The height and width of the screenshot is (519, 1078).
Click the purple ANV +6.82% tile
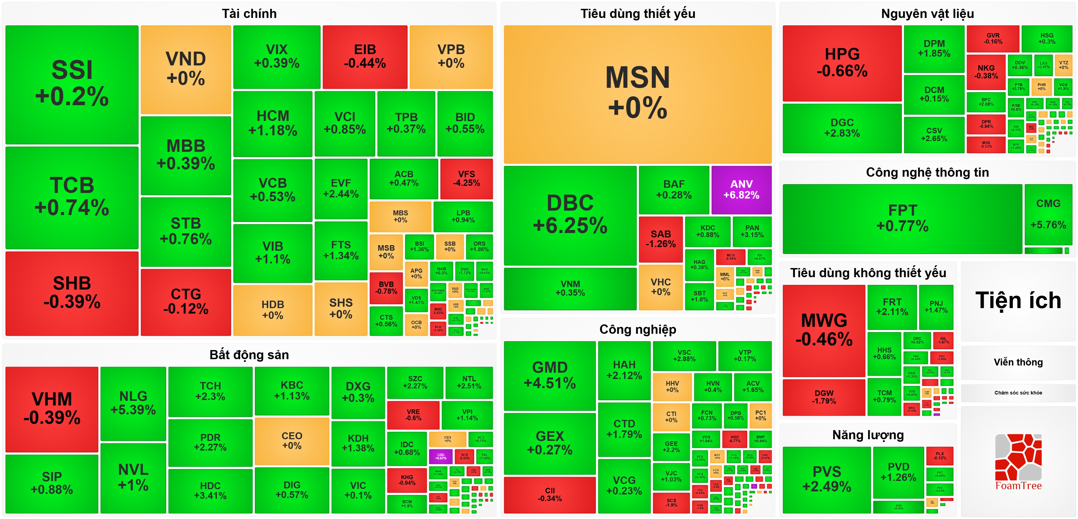tap(741, 190)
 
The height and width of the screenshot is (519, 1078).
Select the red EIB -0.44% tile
tap(365, 57)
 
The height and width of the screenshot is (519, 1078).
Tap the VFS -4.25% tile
tap(466, 179)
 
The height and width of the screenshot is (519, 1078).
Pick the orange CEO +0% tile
tap(292, 441)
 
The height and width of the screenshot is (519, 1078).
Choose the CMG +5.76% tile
tap(1048, 214)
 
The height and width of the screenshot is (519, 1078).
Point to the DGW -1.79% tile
tap(824, 397)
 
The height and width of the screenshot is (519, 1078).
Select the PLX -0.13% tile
tap(939, 456)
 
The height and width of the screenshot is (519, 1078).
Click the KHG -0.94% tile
tap(407, 480)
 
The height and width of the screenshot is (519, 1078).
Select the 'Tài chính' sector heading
tap(249, 14)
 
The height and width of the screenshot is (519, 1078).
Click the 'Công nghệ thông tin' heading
tap(927, 173)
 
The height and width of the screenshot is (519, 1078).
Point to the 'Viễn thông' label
tap(1018, 362)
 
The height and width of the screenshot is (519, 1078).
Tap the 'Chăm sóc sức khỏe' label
tap(1018, 393)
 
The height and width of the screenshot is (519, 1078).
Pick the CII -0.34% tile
tap(549, 494)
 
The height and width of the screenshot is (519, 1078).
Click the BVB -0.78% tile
tap(386, 288)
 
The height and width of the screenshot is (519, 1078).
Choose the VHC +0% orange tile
tap(660, 287)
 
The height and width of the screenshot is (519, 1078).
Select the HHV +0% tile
tap(672, 386)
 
